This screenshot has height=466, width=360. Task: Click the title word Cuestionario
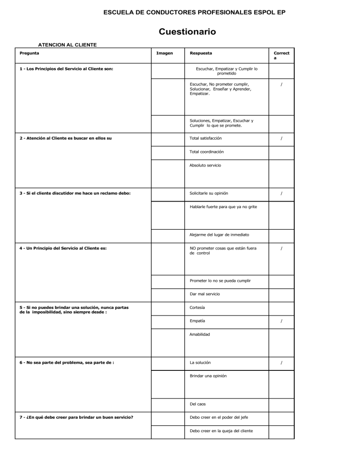[187, 31]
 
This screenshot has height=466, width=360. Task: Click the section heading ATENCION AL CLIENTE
[67, 45]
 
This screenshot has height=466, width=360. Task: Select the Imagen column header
[164, 53]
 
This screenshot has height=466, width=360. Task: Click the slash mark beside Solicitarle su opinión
[281, 194]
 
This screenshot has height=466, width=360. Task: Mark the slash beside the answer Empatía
[281, 321]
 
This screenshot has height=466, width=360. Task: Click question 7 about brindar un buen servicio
[75, 417]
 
